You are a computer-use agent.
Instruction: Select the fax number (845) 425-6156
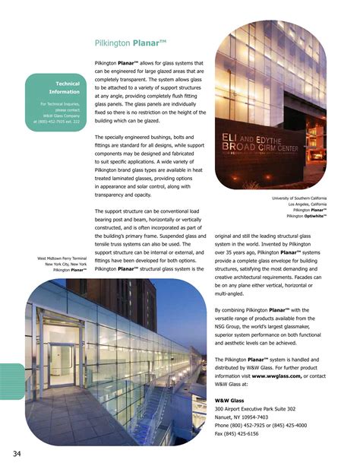tap(242, 434)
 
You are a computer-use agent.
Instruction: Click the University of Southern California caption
tap(298, 198)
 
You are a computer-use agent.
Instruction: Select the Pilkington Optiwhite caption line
tap(307, 216)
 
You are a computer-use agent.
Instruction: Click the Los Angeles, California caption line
tap(307, 204)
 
